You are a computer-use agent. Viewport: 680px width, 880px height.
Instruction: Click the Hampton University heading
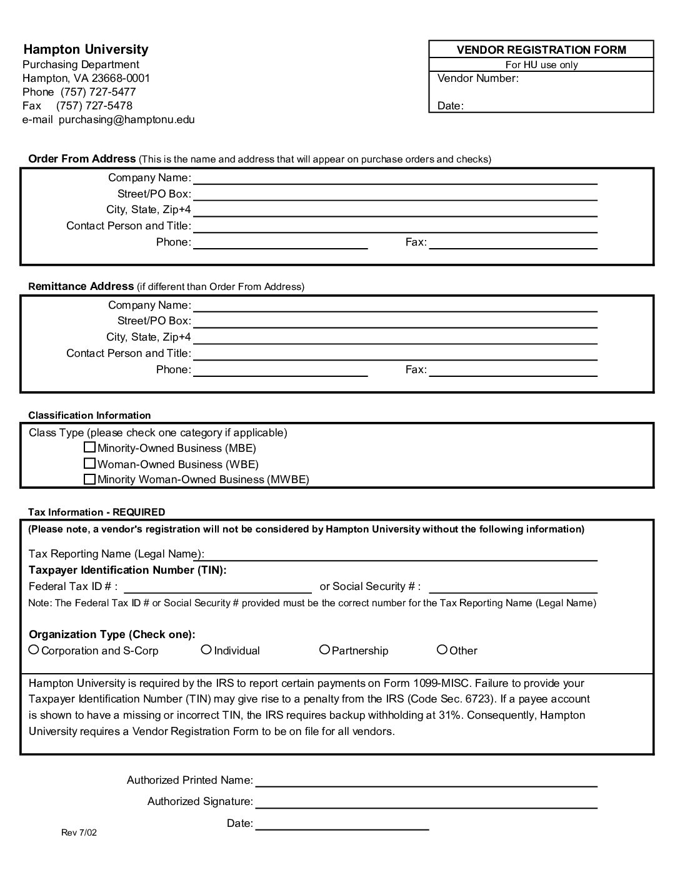pos(86,49)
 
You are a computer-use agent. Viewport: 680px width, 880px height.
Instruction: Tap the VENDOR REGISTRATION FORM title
pos(541,50)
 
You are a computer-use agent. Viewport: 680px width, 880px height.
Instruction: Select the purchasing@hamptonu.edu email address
pos(127,119)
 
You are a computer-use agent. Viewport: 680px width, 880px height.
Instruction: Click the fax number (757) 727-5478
pos(94,106)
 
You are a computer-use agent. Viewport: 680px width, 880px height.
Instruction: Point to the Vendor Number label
pos(478,78)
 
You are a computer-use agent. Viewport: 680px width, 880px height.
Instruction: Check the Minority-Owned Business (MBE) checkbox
pos(89,447)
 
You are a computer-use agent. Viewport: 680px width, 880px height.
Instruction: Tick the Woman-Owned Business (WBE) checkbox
pos(89,464)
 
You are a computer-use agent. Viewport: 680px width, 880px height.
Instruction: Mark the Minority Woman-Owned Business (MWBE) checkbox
pos(89,479)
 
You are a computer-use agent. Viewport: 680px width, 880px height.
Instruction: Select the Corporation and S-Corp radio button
pos(34,650)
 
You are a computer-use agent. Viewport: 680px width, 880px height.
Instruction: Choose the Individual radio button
pos(206,650)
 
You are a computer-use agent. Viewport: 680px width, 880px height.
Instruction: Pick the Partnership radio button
pos(324,650)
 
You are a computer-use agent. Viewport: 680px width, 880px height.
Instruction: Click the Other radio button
pos(442,650)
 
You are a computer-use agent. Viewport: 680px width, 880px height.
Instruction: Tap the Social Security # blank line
pos(513,587)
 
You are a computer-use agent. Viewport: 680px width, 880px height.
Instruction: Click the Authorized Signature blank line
pos(426,802)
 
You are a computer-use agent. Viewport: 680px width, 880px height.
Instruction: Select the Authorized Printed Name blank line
pos(426,781)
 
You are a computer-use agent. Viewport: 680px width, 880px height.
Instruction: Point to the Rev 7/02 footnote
pos(79,832)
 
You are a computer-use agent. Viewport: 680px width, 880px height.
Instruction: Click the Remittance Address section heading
pos(81,286)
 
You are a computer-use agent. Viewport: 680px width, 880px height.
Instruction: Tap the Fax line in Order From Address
pos(513,243)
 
